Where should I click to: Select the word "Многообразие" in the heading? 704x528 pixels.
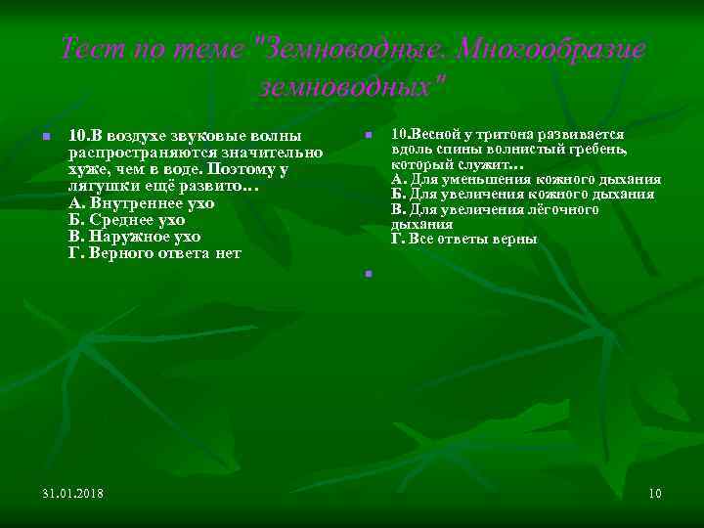552,49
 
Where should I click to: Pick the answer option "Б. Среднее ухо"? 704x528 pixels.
126,219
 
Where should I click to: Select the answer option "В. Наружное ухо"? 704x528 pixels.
134,236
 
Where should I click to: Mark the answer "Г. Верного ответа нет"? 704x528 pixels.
154,253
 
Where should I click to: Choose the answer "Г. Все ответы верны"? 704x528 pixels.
463,239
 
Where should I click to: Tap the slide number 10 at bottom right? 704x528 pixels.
654,492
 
